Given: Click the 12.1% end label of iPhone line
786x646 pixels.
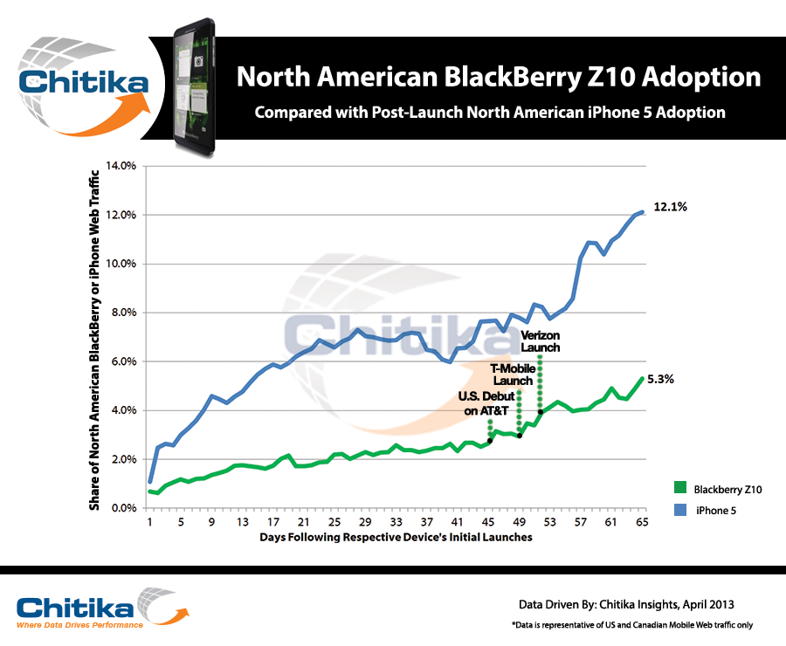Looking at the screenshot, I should click(x=672, y=208).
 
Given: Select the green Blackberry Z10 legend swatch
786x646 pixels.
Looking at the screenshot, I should click(x=681, y=489).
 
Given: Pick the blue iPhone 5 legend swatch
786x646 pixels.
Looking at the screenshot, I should click(x=681, y=510).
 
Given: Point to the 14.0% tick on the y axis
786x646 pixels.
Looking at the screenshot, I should click(x=121, y=166).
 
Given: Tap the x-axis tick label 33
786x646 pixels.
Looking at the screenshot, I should click(x=396, y=522).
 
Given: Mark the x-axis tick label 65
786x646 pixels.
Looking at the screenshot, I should click(x=643, y=522).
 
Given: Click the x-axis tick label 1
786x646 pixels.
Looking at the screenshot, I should click(x=149, y=522).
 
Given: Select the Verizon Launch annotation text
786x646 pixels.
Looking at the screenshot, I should click(x=540, y=341).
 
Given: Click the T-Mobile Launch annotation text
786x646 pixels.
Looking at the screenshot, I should click(x=512, y=375).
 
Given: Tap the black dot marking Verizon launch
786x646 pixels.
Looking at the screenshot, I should click(x=541, y=412).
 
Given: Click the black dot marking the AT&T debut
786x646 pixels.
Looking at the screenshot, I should click(x=490, y=441).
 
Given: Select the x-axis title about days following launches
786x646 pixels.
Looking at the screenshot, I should click(x=396, y=538).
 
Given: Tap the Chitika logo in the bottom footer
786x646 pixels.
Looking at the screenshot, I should click(x=79, y=609).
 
